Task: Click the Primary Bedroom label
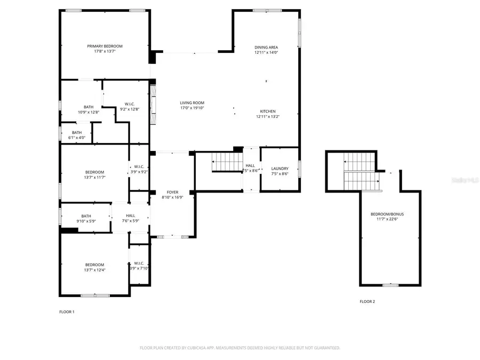click(105, 46)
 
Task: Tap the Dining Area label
click(266, 47)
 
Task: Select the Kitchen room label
click(268, 111)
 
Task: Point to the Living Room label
click(192, 103)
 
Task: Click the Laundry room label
click(279, 169)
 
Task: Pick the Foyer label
click(172, 192)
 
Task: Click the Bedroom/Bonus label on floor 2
click(387, 214)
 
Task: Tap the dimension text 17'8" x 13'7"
click(105, 52)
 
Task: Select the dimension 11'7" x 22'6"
click(387, 219)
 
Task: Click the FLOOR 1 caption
click(67, 311)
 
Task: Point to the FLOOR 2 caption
click(367, 301)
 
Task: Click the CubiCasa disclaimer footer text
click(239, 348)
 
